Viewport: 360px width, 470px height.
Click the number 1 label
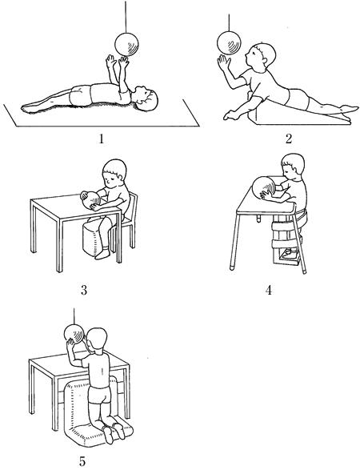(x=101, y=139)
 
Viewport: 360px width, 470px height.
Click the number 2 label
(x=289, y=139)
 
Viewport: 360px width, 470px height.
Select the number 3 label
(x=84, y=290)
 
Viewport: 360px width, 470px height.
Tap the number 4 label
(x=269, y=290)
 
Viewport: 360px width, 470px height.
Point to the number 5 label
(x=82, y=461)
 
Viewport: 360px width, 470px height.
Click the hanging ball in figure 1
(x=126, y=44)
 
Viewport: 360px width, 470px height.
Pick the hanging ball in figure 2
(x=229, y=43)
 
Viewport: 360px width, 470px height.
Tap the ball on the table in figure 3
(x=91, y=200)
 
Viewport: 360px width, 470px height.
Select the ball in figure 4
(x=264, y=187)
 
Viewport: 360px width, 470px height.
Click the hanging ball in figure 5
(x=74, y=334)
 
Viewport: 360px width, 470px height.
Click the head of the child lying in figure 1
(x=146, y=99)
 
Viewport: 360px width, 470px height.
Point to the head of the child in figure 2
(x=261, y=57)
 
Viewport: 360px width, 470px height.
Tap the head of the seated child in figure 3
(x=114, y=173)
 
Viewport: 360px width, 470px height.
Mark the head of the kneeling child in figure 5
(x=97, y=340)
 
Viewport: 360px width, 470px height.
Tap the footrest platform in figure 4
(x=287, y=259)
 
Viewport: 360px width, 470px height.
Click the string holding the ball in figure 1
(x=126, y=17)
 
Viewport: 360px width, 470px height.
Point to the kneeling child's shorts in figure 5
(x=99, y=395)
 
